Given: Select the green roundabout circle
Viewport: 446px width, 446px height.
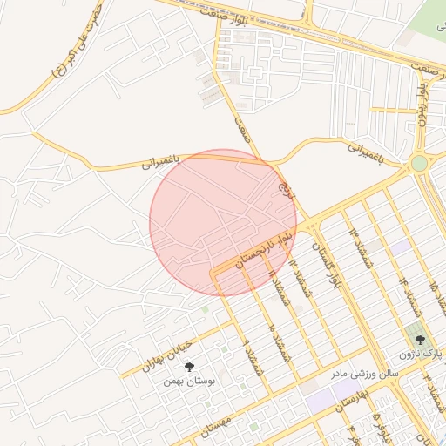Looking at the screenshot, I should (419, 163).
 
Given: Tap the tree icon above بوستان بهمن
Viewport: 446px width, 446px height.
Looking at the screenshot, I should (190, 367).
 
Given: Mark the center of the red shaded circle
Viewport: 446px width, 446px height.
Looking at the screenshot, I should (223, 222).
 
